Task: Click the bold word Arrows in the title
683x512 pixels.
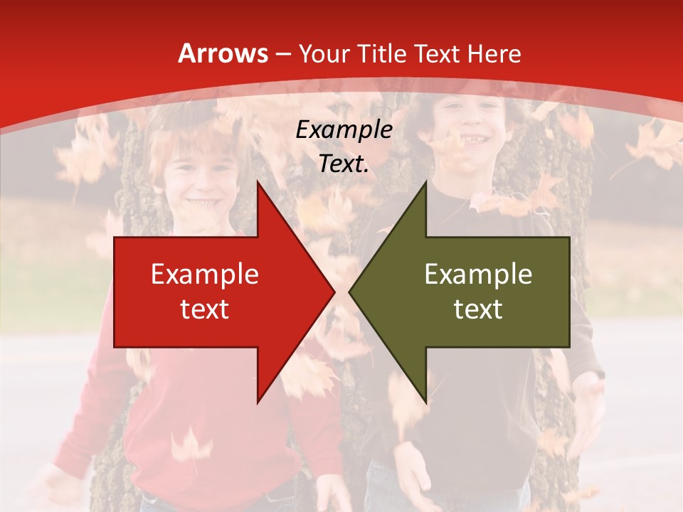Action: (x=223, y=53)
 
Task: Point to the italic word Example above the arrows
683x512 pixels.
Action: (x=344, y=129)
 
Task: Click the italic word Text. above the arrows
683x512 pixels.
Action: (x=344, y=164)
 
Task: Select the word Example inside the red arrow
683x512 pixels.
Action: (x=205, y=274)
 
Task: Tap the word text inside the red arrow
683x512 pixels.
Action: (x=205, y=309)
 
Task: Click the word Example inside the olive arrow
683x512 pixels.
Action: (x=478, y=274)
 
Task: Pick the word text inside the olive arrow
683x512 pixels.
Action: (x=478, y=309)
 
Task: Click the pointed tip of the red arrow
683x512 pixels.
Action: (x=334, y=292)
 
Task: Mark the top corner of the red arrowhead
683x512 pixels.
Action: (x=258, y=181)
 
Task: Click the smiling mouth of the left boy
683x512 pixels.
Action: (x=198, y=203)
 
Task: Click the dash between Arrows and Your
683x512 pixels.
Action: (x=282, y=54)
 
